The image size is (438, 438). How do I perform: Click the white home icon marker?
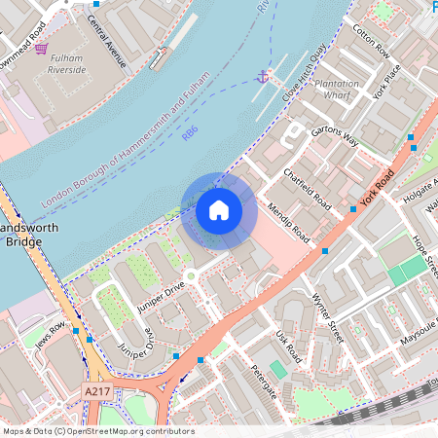(x=219, y=209)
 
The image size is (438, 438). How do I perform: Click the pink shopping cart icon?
(x=41, y=47)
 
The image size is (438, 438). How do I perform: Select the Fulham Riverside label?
(x=68, y=64)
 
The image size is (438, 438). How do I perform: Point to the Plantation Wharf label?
(x=337, y=89)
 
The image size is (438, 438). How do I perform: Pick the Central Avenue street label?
(x=106, y=40)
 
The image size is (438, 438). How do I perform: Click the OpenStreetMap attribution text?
(x=97, y=431)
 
